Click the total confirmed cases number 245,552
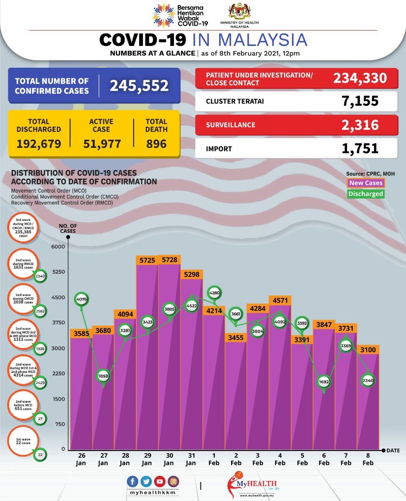coord(139,86)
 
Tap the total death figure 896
coord(156,144)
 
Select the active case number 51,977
coord(102,144)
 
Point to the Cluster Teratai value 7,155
coord(359,101)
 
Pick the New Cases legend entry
coord(366,183)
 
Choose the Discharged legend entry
coord(366,194)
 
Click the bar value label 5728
coord(169,261)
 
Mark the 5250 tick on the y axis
coord(58,272)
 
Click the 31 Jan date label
coord(191,460)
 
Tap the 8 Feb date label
coord(368,460)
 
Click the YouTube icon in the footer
coord(160,482)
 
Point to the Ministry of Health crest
coord(240,12)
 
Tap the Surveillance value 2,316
coord(359,125)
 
